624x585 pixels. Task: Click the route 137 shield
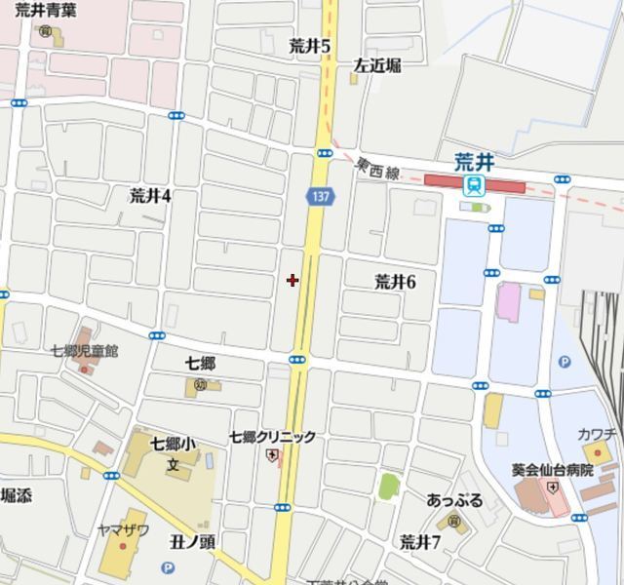coord(320,196)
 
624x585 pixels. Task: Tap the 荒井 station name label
coord(475,162)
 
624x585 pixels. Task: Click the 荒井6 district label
coord(395,282)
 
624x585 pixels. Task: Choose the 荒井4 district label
coord(150,195)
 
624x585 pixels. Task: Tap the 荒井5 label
coord(310,45)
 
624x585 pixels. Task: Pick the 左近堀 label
coord(376,65)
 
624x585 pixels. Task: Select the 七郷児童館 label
coord(84,350)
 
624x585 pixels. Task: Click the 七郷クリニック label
coord(272,437)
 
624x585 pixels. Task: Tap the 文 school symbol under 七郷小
coord(173,463)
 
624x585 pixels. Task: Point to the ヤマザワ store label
coord(123,530)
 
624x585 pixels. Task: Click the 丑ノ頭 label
coord(192,540)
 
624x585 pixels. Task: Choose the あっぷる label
coord(454,500)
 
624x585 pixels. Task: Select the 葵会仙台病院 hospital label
coord(552,469)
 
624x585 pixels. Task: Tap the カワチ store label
coord(597,433)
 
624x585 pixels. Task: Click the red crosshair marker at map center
coord(292,280)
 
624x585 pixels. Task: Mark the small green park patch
coord(389,485)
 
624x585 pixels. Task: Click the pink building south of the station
coord(509,300)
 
